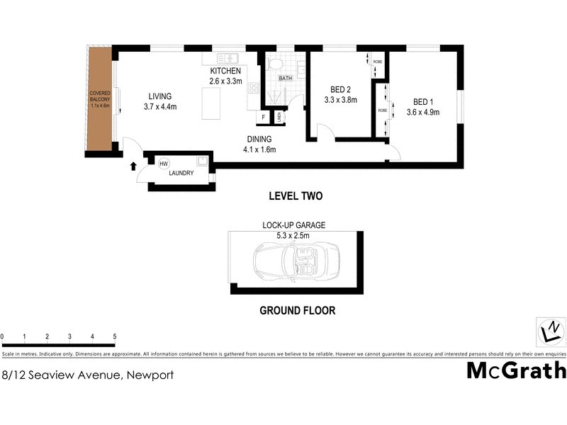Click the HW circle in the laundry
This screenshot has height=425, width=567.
pos(164,164)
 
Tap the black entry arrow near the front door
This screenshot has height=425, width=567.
pos(133,167)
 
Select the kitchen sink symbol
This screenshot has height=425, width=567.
pos(226,59)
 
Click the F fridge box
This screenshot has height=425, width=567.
pos(263,117)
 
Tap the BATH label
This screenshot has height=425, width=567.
pos(285,79)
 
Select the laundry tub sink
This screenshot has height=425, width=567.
pos(203,161)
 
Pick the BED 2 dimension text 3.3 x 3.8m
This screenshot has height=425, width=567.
pos(340,100)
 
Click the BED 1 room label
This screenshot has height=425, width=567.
pos(422,101)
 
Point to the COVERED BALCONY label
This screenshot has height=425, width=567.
pos(99,99)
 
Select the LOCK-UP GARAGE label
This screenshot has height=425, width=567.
pos(293,225)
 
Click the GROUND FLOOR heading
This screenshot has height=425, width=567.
pos(297,310)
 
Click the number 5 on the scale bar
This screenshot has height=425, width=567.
pos(115,336)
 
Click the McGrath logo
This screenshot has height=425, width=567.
pos(516,370)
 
